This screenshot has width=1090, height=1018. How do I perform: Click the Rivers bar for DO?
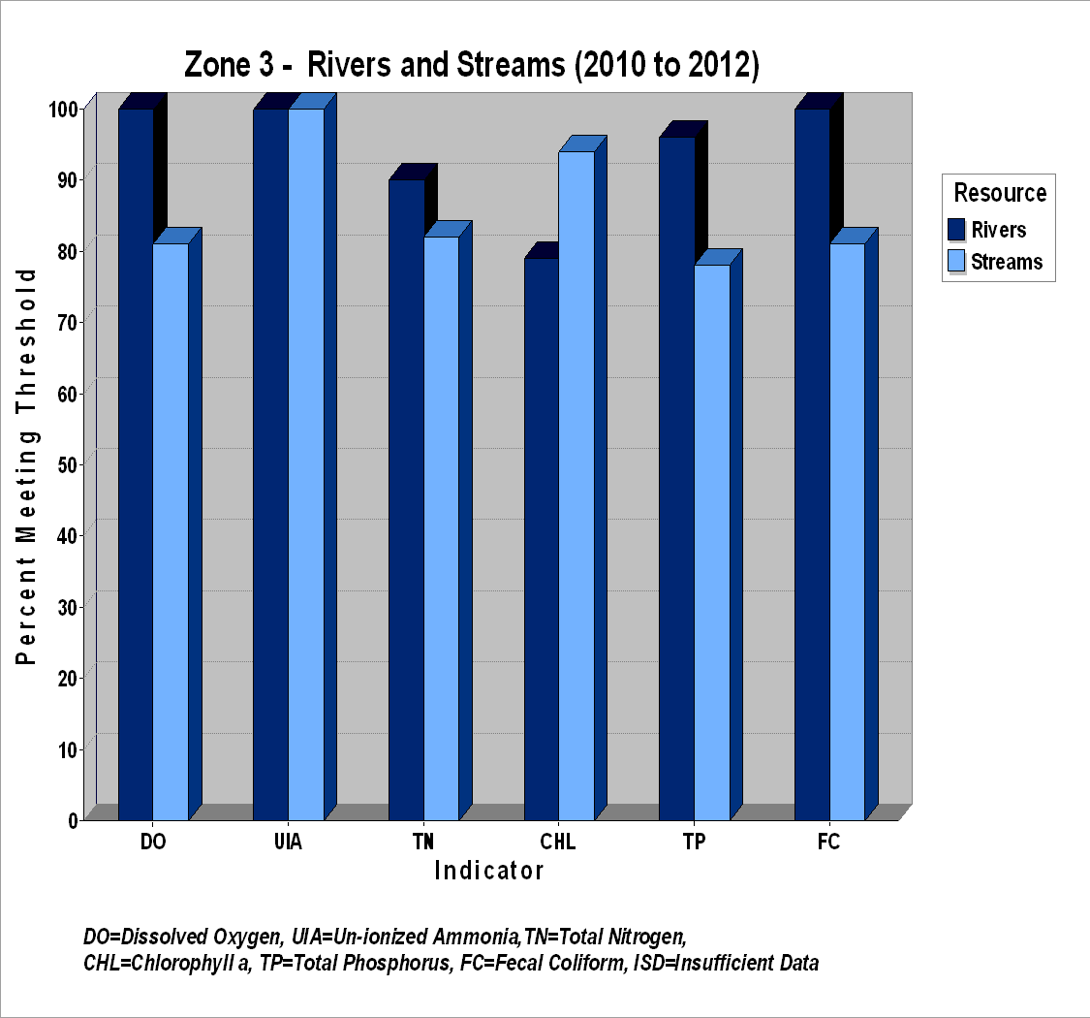click(x=137, y=464)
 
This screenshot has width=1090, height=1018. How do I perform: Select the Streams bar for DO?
click(x=171, y=531)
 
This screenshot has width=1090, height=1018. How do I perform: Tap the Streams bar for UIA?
click(x=306, y=464)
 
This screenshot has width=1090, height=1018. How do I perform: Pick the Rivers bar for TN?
click(x=407, y=499)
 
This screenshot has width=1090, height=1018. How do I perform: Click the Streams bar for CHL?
click(x=577, y=486)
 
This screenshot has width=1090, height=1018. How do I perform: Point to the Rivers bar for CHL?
click(x=543, y=539)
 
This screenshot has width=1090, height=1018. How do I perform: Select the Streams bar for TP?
click(x=712, y=543)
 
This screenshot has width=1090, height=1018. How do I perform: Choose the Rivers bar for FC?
click(x=813, y=464)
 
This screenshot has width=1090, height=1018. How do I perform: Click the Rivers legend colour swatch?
click(x=956, y=230)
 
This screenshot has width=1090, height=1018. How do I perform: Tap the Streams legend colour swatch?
click(x=956, y=261)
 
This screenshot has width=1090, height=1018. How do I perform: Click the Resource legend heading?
click(x=1000, y=193)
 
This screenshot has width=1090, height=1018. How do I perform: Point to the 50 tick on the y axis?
click(x=81, y=464)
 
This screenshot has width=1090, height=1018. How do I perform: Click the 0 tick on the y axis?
click(x=81, y=820)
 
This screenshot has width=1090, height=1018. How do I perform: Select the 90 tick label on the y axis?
click(x=68, y=180)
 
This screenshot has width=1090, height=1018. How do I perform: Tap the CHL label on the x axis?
click(x=557, y=842)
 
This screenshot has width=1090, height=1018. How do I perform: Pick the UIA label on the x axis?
click(x=288, y=842)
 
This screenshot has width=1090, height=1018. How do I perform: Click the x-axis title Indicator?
click(x=488, y=871)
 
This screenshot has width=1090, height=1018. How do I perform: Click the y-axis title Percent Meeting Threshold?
click(x=26, y=466)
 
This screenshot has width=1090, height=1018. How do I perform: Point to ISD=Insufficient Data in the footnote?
click(x=726, y=963)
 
